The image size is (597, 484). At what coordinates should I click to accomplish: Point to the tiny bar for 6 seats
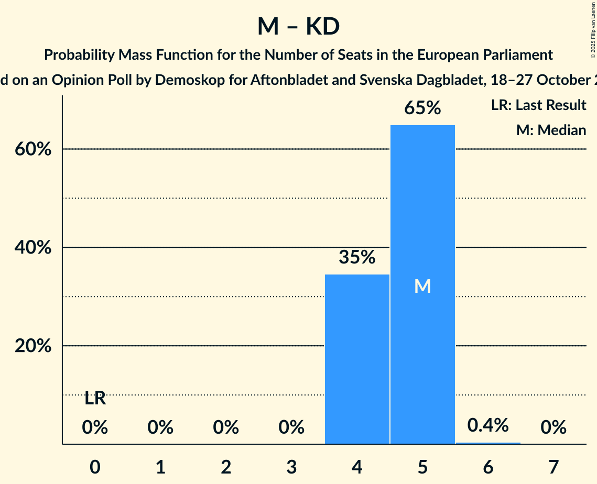pos(488,443)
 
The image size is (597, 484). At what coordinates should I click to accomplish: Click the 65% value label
pos(422,108)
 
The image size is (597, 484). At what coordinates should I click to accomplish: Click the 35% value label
pos(357,257)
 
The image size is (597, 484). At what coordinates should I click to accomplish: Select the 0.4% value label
pos(488,425)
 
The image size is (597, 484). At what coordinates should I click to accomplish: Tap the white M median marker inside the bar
pos(422,286)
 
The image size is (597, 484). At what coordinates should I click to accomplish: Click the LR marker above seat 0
pos(95,399)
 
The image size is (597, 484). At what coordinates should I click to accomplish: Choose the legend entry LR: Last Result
pos(538,105)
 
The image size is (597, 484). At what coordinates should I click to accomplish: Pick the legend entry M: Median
pos(551,130)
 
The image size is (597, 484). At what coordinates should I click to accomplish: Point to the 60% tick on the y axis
pos(32,149)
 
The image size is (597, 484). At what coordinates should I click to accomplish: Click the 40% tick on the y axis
pos(32,248)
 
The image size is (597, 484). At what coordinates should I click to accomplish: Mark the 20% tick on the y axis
pos(32,346)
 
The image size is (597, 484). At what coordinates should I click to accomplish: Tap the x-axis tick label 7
pos(553,467)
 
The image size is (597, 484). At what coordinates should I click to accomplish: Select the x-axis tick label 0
pos(95,467)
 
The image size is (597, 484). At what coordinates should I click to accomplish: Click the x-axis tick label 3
pos(291,467)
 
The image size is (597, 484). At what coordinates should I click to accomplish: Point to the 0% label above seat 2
pos(226,428)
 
